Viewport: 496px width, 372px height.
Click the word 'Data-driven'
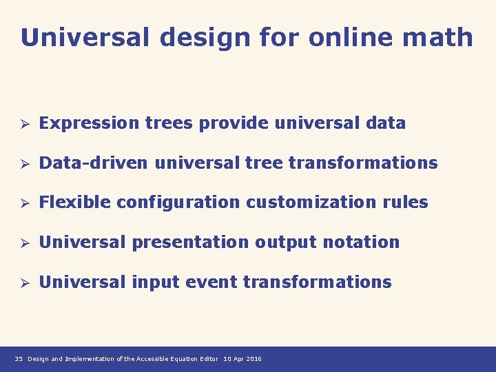point(94,163)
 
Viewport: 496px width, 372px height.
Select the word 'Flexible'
point(75,203)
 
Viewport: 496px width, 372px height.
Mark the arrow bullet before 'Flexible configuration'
point(23,203)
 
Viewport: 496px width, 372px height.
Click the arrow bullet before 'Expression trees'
point(23,124)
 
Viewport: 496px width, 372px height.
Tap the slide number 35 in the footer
point(19,359)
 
